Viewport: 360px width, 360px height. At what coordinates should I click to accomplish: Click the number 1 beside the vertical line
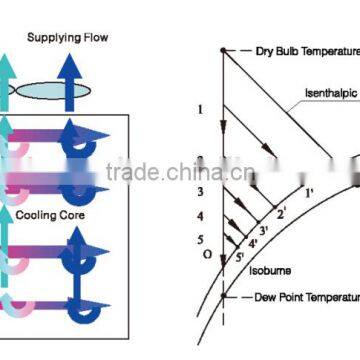pos(201,109)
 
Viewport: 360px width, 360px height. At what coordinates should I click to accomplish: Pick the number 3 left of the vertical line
pos(200,191)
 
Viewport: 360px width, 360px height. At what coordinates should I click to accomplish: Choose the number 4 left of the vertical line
pos(200,216)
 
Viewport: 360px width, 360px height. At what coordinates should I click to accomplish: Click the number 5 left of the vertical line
pos(200,240)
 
